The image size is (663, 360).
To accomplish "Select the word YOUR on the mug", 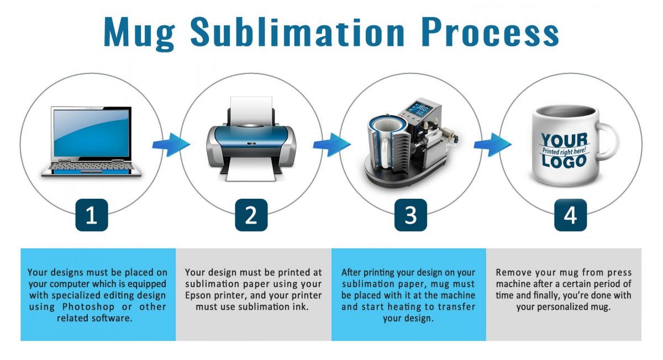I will point(564,141).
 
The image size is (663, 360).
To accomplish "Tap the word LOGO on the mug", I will point(564,161).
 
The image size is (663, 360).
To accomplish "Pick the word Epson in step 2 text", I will point(200,296).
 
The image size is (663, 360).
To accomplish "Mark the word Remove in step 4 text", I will point(514,272).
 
